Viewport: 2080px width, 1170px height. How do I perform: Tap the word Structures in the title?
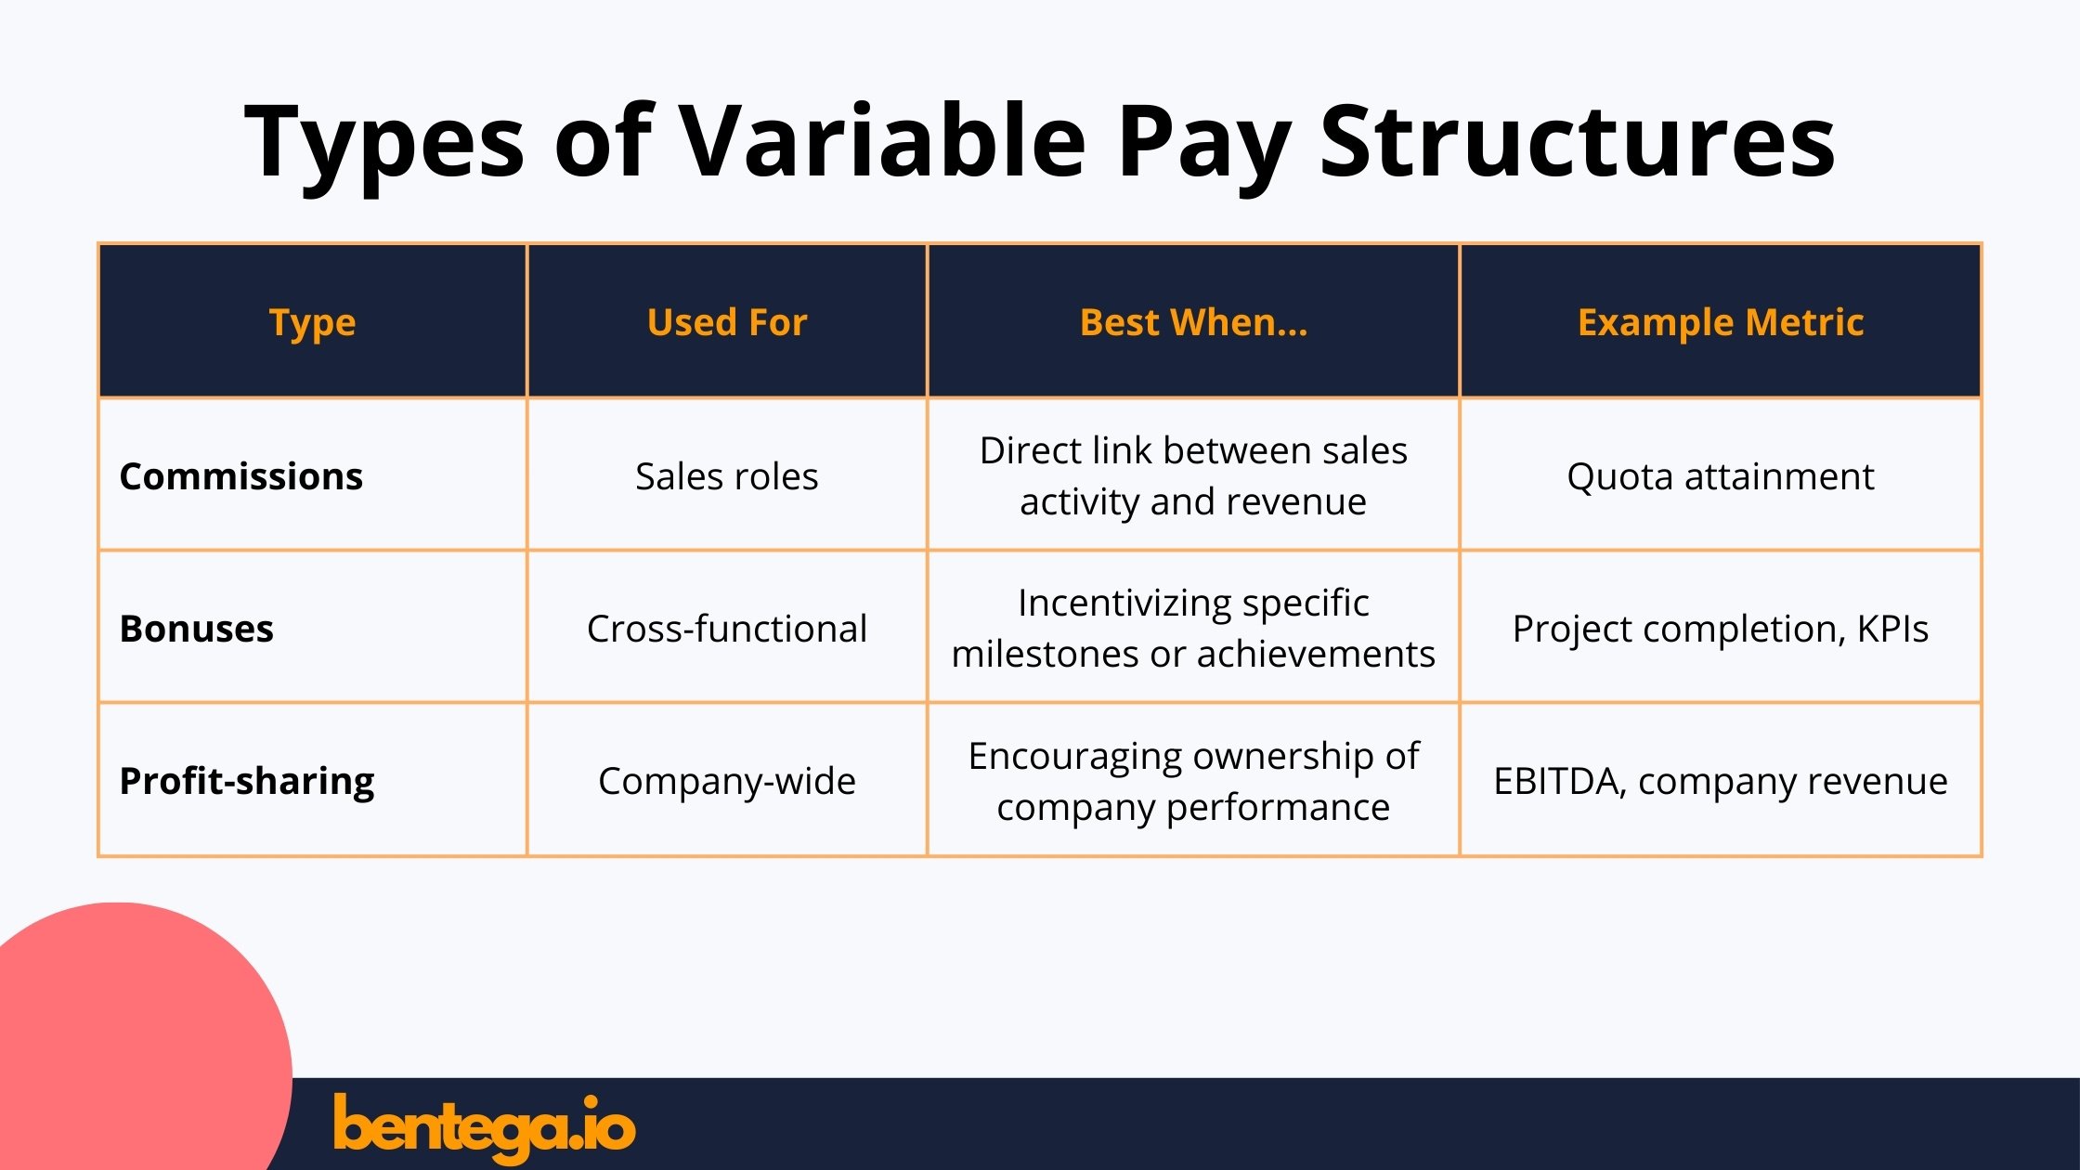[x=1576, y=141]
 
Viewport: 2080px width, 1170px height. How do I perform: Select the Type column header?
[x=312, y=322]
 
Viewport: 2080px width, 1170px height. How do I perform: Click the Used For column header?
[x=726, y=322]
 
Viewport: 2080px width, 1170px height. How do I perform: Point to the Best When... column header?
[x=1193, y=322]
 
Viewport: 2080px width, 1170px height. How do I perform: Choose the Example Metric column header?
[x=1720, y=322]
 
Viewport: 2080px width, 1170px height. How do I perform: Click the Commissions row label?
[x=241, y=476]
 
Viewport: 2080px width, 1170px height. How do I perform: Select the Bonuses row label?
[x=197, y=629]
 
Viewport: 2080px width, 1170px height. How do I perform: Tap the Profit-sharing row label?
[x=247, y=781]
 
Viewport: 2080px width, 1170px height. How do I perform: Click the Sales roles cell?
[x=726, y=476]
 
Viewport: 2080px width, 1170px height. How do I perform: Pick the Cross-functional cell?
[x=726, y=629]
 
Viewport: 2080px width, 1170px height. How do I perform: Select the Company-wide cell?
[x=726, y=781]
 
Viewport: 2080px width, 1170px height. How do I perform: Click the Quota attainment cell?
[x=1720, y=476]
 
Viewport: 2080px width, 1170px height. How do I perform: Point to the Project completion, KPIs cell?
[x=1720, y=629]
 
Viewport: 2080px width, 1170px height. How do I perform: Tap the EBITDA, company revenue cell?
[x=1720, y=781]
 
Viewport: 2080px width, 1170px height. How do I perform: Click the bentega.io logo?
[x=484, y=1126]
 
